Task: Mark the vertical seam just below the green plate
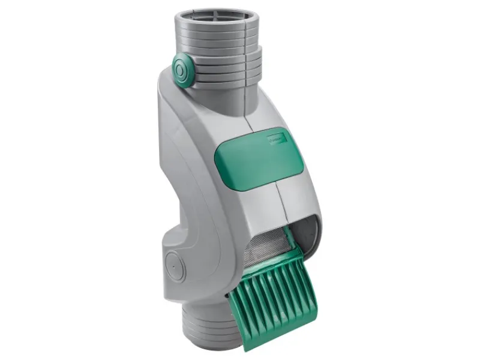277,198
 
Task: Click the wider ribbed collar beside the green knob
225,66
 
